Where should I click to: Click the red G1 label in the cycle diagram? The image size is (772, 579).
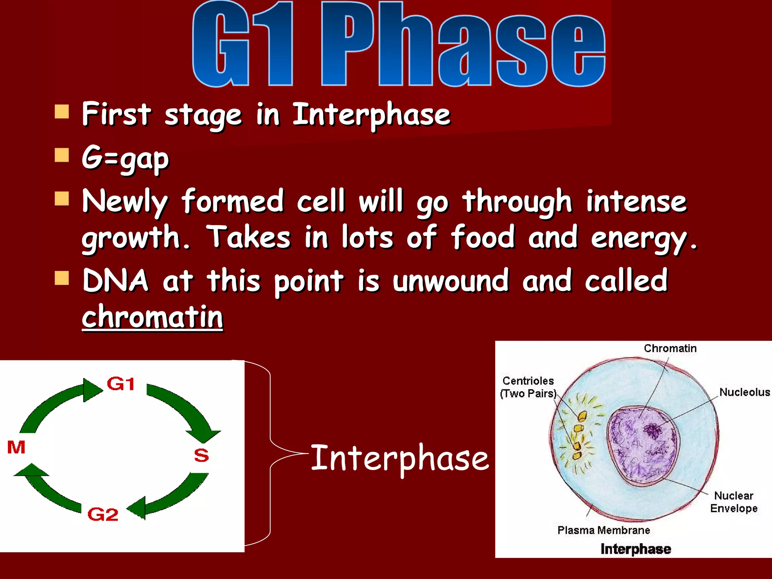121,384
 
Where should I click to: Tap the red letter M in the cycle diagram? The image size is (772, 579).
16,447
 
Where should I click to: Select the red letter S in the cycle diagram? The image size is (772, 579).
201,455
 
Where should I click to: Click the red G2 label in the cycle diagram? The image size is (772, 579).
103,515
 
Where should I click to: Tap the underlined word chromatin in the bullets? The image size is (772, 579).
152,317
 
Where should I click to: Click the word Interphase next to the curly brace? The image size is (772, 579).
400,458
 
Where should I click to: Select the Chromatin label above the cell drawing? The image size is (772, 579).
670,348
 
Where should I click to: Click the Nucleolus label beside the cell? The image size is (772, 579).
744,392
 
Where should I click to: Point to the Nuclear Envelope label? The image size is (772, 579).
734,502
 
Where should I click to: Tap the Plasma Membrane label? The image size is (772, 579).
604,530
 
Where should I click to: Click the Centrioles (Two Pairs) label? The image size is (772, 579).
528,387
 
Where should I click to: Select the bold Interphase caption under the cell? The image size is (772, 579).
636,549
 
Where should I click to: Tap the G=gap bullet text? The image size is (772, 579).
126,158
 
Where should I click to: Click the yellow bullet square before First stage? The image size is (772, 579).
62,112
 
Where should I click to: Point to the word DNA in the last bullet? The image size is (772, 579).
115,281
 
